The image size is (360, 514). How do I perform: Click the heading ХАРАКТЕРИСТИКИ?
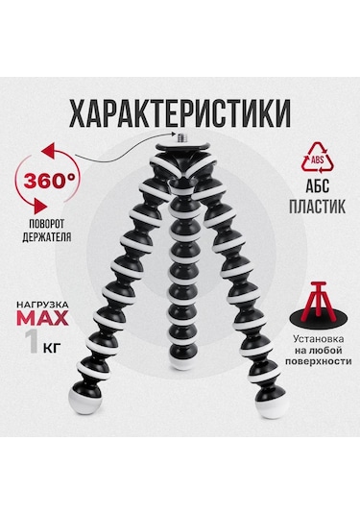point(180,112)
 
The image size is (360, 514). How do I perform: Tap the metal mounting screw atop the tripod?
point(180,145)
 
